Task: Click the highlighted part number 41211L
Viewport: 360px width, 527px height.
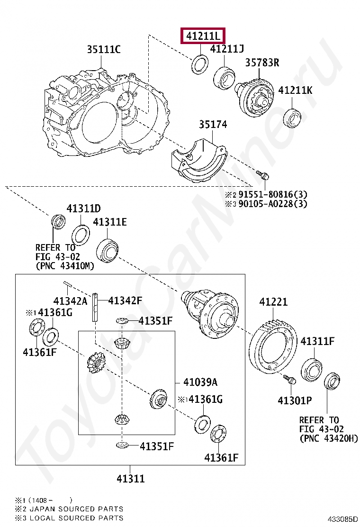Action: click(x=203, y=36)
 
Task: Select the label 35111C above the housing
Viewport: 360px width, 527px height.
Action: click(x=103, y=49)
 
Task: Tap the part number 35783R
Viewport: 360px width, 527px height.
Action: click(x=262, y=63)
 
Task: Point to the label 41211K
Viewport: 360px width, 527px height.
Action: click(x=295, y=90)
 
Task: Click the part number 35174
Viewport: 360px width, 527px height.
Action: click(x=213, y=125)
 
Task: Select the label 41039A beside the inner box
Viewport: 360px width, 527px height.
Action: click(x=200, y=382)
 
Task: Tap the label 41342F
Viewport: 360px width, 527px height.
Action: click(x=125, y=300)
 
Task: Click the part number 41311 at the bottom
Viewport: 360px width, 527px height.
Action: click(x=130, y=479)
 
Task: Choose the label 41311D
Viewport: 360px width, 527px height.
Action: click(x=83, y=209)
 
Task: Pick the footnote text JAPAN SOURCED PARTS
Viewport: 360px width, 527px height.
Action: click(x=76, y=509)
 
